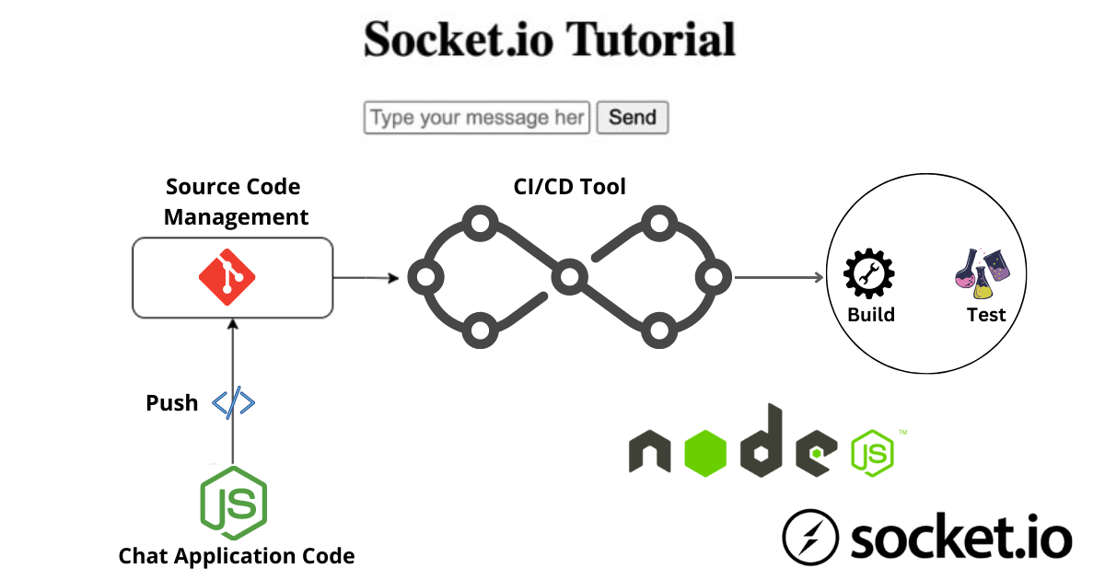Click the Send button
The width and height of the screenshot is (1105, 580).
632,118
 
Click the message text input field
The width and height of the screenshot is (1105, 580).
476,118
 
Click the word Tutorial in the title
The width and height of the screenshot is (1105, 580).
650,40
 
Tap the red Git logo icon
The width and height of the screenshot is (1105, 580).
227,277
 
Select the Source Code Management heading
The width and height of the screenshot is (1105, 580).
233,202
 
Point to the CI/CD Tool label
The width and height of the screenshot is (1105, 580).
569,187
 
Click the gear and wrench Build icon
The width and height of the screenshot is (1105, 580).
869,273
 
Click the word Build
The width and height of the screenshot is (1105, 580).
870,315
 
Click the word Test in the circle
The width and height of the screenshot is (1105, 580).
985,315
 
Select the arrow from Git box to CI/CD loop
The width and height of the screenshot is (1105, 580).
366,276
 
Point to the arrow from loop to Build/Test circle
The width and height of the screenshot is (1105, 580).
778,276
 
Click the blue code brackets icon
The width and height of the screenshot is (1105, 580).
234,402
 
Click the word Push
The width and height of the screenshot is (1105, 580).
172,403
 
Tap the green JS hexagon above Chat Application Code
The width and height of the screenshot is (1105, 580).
234,503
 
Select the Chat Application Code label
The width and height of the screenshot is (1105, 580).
236,556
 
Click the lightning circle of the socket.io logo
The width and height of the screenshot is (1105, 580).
809,539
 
